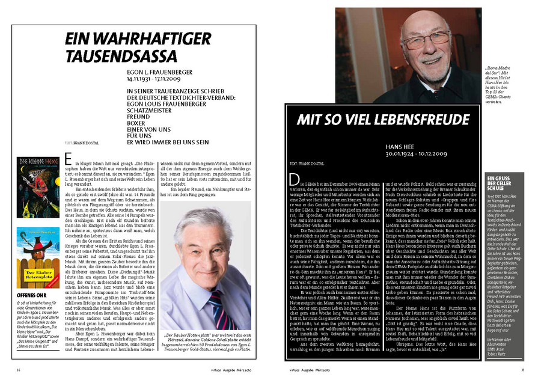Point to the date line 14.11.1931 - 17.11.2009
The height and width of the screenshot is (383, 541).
[153, 79]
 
